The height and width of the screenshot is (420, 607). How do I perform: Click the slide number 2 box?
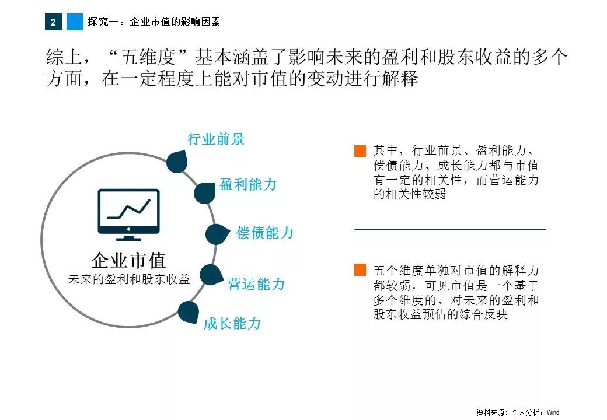(x=53, y=22)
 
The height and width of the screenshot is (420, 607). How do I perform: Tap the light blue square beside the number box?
(x=75, y=22)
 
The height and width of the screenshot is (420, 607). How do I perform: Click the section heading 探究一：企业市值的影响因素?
(x=154, y=22)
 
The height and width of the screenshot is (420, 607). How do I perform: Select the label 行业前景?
(x=216, y=139)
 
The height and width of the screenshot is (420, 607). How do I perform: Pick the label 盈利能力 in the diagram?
(x=248, y=184)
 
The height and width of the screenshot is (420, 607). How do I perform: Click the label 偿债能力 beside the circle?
(x=265, y=233)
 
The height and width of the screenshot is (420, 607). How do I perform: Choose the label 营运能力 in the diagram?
(x=256, y=284)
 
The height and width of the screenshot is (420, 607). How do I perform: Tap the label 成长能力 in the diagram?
(x=232, y=323)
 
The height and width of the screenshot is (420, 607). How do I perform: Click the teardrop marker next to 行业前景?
(x=177, y=161)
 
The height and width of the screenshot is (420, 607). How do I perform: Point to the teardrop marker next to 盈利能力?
(x=205, y=193)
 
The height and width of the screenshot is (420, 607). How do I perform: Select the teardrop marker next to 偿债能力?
(x=217, y=235)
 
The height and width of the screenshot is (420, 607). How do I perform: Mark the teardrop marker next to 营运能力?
(x=211, y=275)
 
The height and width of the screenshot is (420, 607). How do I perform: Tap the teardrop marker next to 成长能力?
(x=189, y=312)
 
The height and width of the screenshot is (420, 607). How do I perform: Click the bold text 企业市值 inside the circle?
(x=128, y=260)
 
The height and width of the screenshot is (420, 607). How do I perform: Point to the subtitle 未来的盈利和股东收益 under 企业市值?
(x=129, y=279)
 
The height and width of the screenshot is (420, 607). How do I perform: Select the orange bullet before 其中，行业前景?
(x=360, y=151)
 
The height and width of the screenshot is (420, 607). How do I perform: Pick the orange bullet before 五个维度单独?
(x=360, y=270)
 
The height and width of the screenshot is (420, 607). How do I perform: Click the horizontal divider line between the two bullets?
(x=450, y=229)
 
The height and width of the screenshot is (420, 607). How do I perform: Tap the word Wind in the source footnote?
(x=553, y=412)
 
